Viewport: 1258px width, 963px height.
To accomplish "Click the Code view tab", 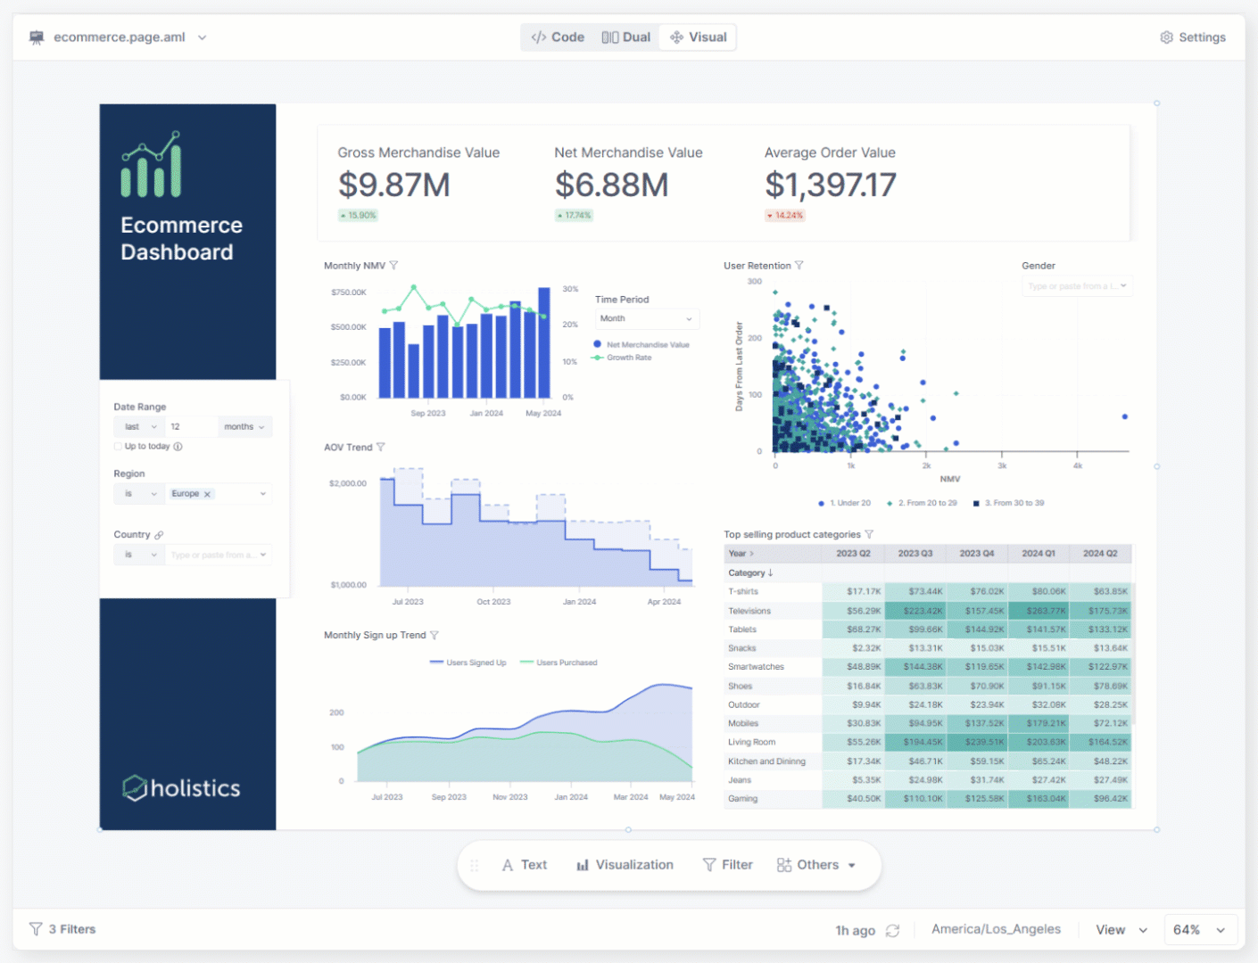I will (x=558, y=37).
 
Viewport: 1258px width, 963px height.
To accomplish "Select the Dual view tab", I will (x=626, y=37).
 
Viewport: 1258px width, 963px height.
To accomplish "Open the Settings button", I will (x=1193, y=37).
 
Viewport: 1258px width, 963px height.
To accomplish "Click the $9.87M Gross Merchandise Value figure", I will (x=393, y=185).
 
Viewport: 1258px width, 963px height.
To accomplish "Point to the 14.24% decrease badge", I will (x=785, y=216).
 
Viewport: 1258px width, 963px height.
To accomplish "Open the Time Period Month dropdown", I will (x=646, y=318).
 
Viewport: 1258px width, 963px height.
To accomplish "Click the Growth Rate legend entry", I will (x=628, y=358).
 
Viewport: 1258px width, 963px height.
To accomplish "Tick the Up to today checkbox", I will (x=118, y=447).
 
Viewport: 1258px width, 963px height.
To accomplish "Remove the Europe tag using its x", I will (x=207, y=494).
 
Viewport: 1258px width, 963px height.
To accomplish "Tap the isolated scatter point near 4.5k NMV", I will (x=1124, y=416).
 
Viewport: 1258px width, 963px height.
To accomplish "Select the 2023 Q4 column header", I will (x=976, y=554).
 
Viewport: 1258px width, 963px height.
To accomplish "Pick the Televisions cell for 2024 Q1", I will (x=1039, y=611).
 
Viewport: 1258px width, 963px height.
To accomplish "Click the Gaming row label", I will (x=743, y=799).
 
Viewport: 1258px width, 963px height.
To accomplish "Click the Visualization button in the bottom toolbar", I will (x=625, y=865).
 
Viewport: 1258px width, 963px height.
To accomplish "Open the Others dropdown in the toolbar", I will (x=816, y=865).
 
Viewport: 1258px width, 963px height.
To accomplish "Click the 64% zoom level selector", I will (x=1199, y=930).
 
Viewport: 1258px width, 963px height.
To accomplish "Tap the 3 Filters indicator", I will (x=62, y=929).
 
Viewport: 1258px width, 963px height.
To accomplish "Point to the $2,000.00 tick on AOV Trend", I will (x=348, y=483).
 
